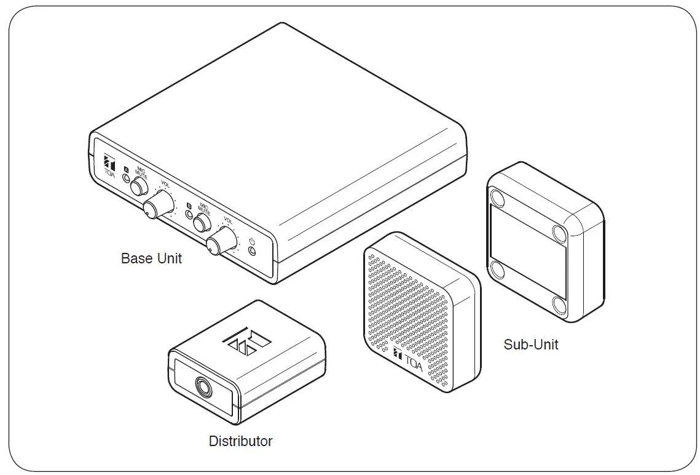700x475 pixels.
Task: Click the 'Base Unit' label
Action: click(x=151, y=258)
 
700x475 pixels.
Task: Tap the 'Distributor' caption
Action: click(x=240, y=441)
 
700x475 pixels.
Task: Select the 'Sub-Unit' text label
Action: click(x=531, y=345)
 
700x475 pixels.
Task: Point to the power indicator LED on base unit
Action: click(x=251, y=250)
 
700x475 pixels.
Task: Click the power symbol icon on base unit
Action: click(x=251, y=241)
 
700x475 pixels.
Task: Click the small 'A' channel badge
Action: click(x=126, y=169)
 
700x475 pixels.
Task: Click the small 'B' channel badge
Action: click(x=189, y=206)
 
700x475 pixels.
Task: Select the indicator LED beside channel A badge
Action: click(x=126, y=178)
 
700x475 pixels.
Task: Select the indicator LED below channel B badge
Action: click(x=189, y=215)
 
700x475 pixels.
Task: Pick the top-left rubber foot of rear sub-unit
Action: click(x=498, y=198)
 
